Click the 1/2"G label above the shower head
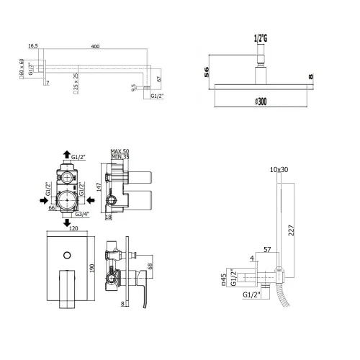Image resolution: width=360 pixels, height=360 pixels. point(261,39)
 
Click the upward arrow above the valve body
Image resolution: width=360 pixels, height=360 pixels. point(66,154)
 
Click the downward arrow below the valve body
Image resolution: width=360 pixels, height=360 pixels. point(66,222)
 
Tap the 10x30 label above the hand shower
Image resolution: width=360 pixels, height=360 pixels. point(279,170)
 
